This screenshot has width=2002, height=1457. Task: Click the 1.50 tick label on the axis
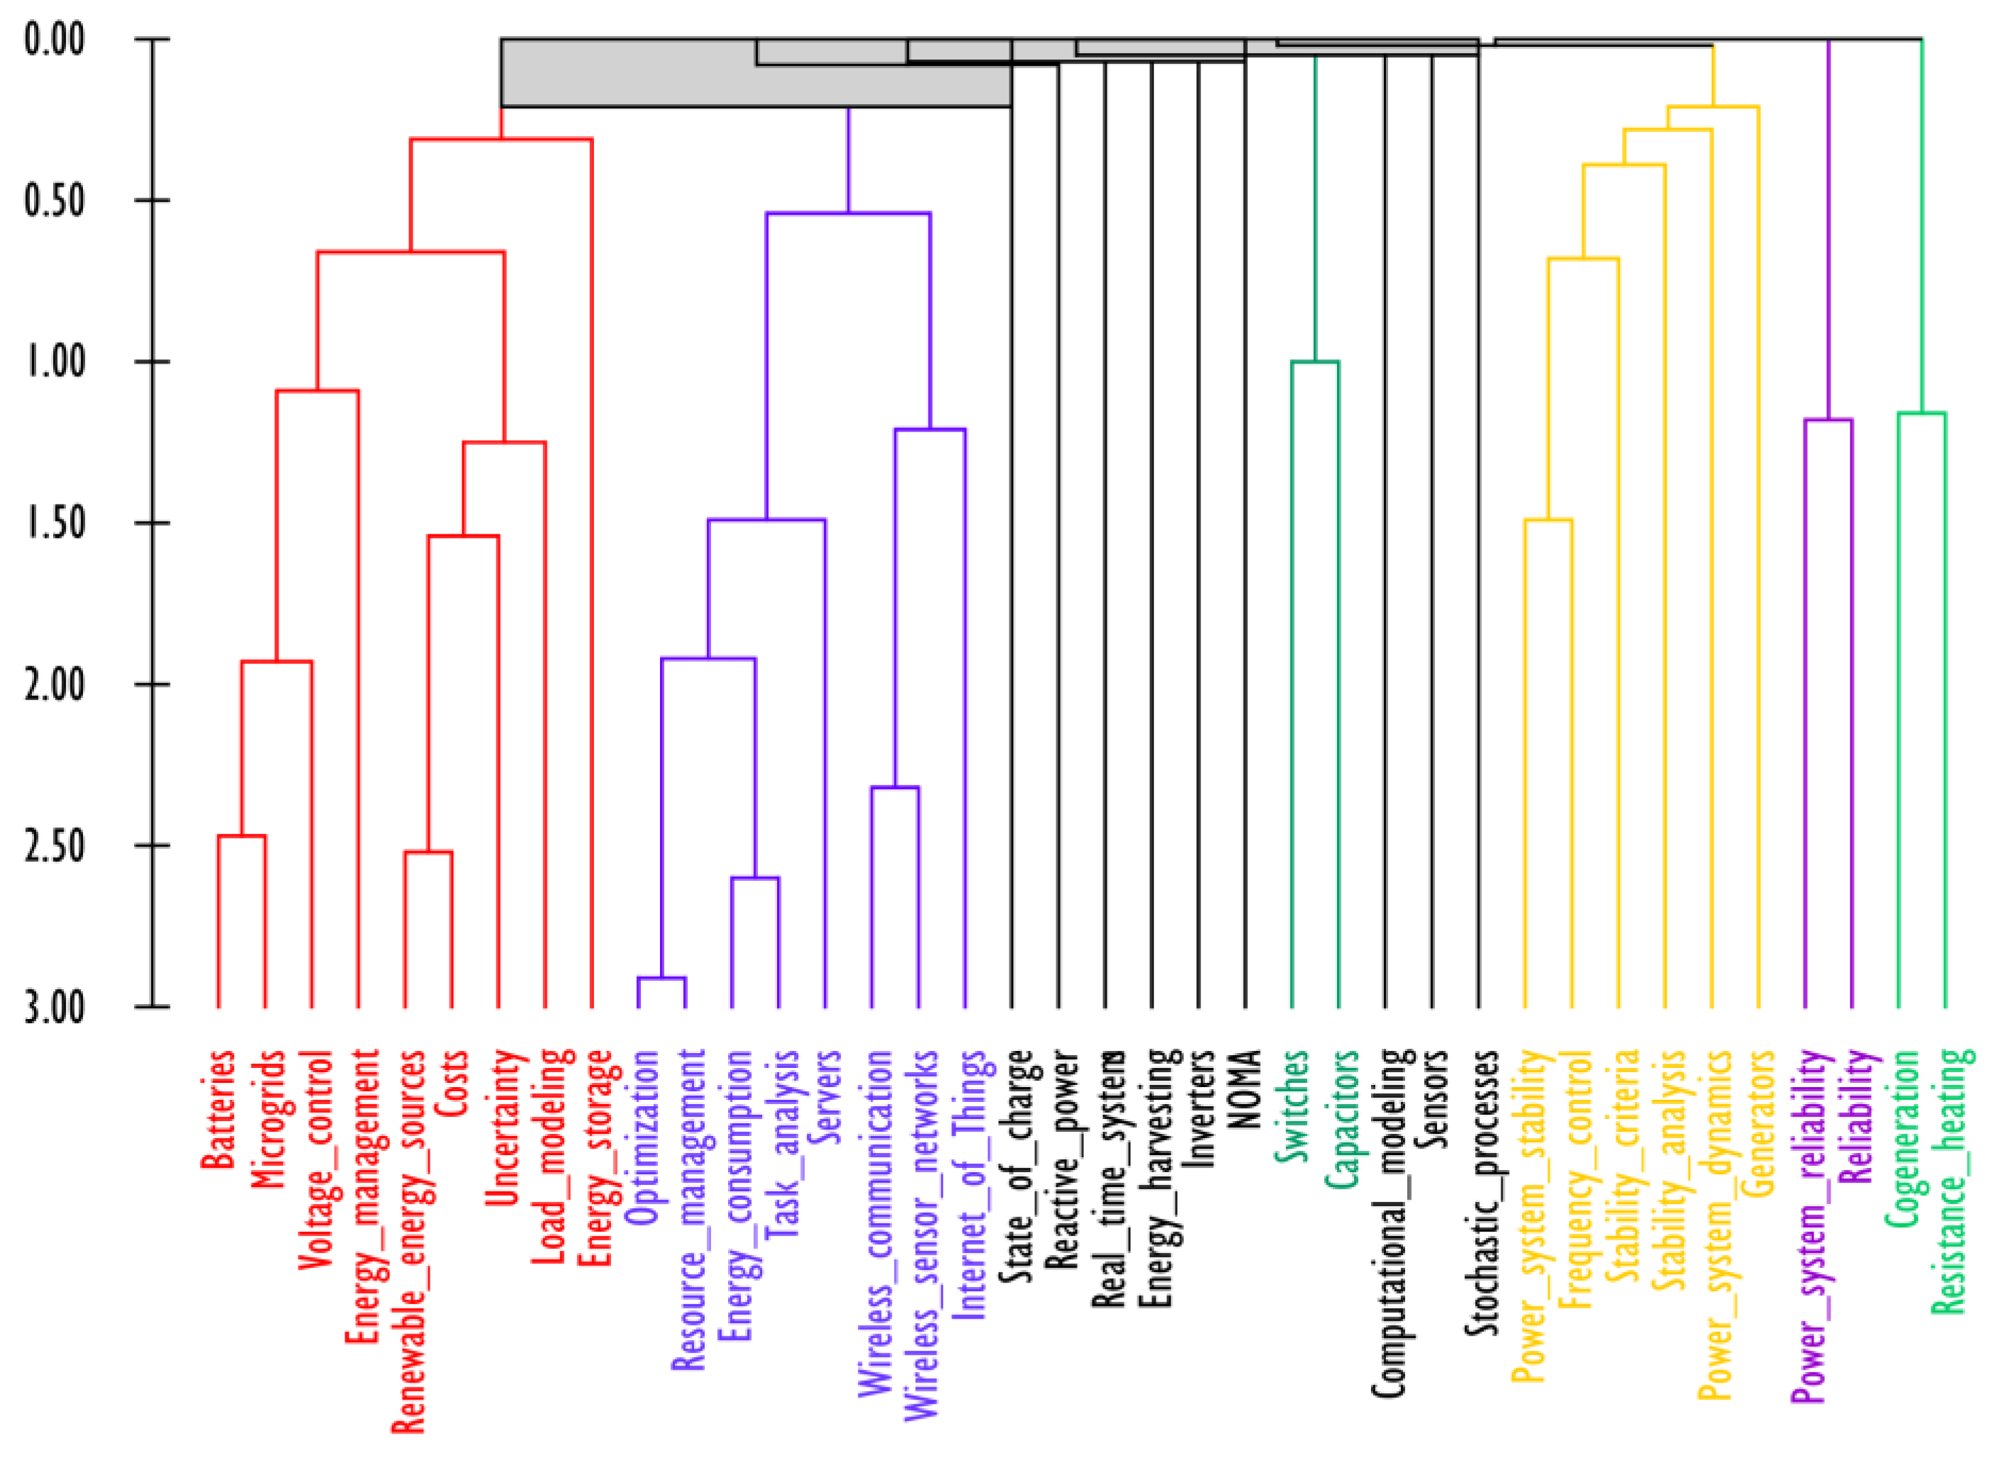55,522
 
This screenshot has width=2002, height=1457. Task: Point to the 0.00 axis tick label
55,40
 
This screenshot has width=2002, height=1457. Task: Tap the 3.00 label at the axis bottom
55,1006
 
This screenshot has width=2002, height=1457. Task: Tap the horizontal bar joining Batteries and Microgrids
242,836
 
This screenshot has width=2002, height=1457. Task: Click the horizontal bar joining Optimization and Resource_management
662,978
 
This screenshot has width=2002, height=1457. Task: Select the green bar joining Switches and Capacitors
1315,362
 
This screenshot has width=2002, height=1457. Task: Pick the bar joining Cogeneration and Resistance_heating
1922,413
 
